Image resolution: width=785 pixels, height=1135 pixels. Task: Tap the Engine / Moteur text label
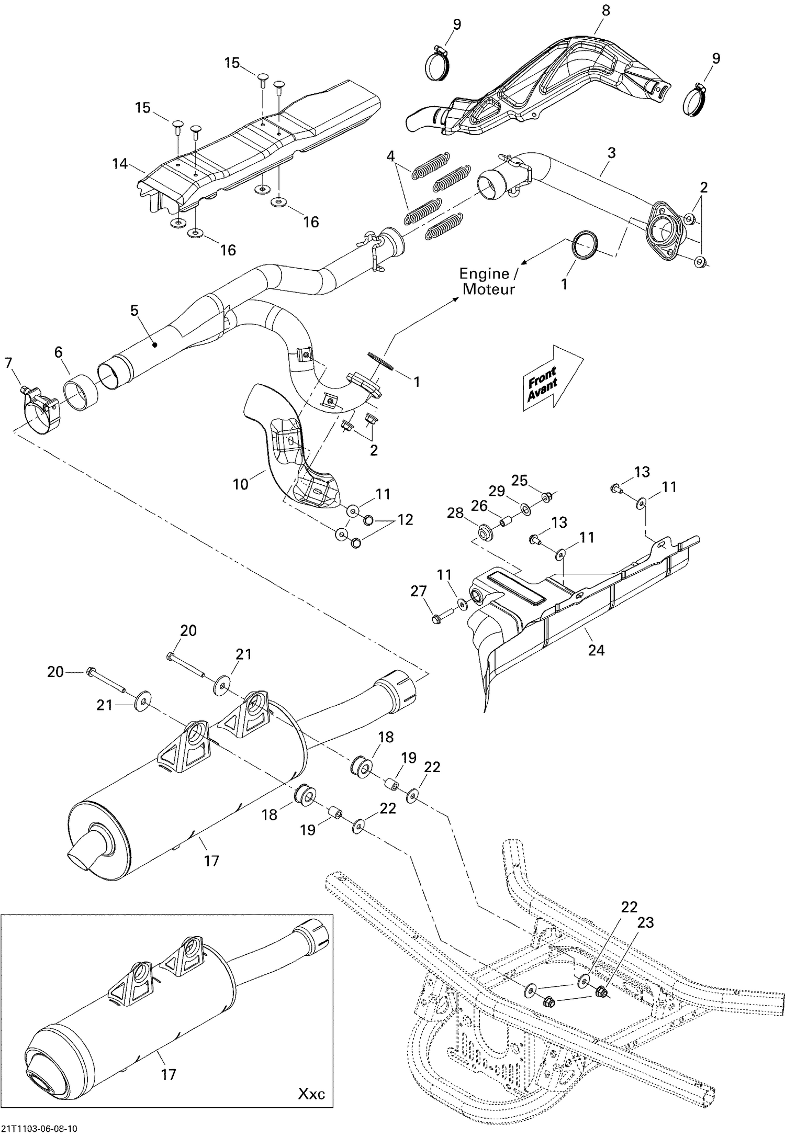487,281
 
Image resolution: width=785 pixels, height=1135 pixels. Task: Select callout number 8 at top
605,10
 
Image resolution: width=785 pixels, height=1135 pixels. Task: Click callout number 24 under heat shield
596,650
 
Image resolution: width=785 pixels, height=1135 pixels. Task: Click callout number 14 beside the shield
120,164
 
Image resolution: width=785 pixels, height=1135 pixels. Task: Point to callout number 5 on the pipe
134,310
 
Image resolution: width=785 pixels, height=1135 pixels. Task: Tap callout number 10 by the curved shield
240,484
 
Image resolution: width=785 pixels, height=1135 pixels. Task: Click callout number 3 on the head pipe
611,153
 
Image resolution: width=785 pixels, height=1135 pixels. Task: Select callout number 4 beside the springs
391,156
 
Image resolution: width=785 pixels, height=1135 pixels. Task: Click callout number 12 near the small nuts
405,519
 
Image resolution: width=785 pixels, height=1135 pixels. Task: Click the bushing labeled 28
485,533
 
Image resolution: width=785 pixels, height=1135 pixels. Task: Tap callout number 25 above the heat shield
519,480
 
